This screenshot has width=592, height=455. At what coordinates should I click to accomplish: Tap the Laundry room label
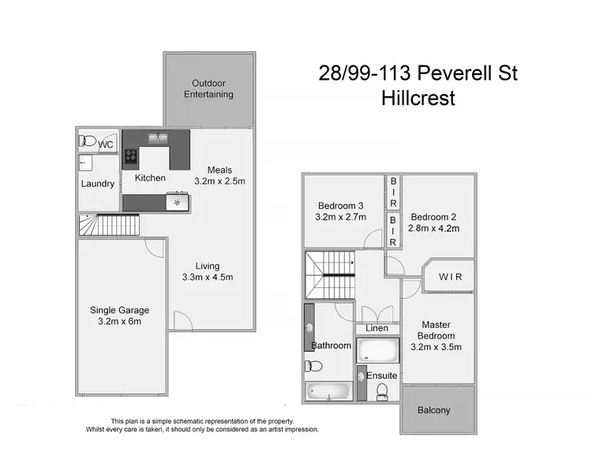(98, 184)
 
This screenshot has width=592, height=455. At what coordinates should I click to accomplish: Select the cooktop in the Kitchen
(131, 156)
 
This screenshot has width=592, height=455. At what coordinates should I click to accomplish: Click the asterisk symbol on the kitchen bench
(178, 203)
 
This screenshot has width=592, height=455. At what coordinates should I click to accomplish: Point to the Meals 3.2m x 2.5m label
(219, 175)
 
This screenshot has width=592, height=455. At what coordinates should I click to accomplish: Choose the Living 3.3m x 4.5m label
(208, 271)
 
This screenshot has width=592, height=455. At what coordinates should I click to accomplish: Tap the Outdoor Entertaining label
(208, 88)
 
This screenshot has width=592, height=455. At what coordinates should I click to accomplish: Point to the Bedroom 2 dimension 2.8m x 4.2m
(434, 229)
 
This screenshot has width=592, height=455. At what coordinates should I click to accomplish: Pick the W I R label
(450, 278)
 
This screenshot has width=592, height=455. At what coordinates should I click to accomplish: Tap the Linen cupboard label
(377, 328)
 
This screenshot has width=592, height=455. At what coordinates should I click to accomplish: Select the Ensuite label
(382, 376)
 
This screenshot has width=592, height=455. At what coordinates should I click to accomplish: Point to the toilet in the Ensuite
(381, 391)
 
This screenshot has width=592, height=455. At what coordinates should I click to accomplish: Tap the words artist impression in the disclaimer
(284, 430)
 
